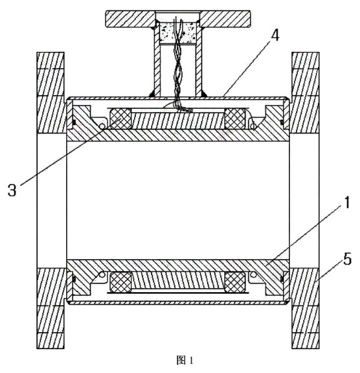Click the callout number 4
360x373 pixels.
(x=275, y=36)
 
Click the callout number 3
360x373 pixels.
(x=12, y=190)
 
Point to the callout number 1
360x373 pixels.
(x=347, y=203)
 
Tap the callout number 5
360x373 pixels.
(x=348, y=259)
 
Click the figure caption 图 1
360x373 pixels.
(x=185, y=360)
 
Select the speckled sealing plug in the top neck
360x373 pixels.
(x=177, y=33)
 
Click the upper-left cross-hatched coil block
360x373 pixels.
(x=120, y=119)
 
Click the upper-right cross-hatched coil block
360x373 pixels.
(x=235, y=119)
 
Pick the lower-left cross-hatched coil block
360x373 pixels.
(x=120, y=282)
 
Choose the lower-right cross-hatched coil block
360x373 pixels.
(x=235, y=282)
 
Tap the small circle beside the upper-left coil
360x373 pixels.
(x=102, y=126)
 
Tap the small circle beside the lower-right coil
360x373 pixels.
(x=253, y=275)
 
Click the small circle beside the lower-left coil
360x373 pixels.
(x=102, y=275)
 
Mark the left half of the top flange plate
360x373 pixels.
(x=130, y=19)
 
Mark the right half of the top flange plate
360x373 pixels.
(x=225, y=19)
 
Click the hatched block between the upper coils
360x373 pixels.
(x=178, y=121)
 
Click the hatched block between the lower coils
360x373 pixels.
(x=178, y=280)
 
